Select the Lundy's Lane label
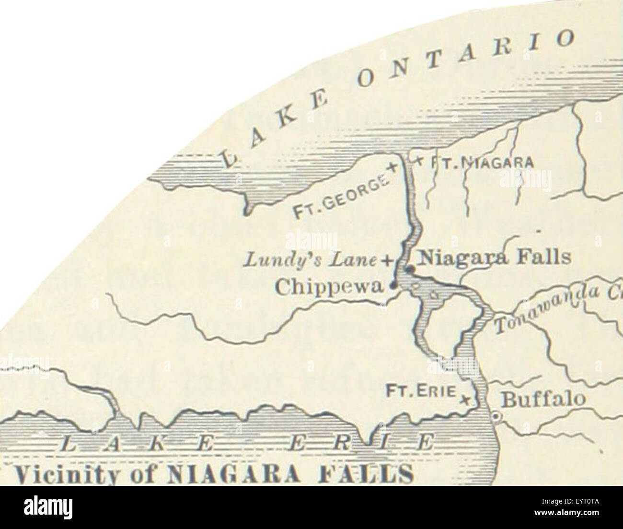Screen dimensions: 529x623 [311, 259]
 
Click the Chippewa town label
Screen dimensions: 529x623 [330, 286]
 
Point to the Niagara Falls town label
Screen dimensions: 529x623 [494, 258]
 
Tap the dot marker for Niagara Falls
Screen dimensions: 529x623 [408, 270]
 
